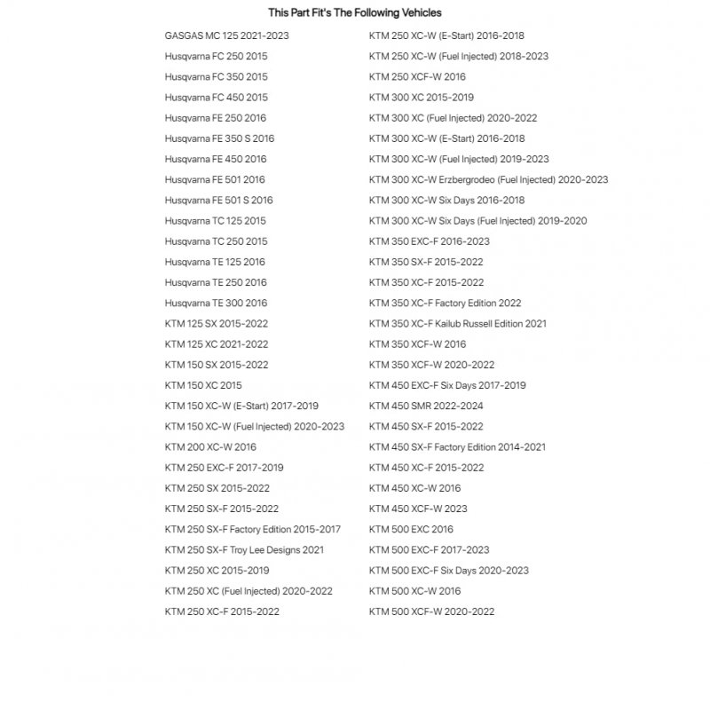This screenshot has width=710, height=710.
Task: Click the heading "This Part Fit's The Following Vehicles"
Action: (354, 13)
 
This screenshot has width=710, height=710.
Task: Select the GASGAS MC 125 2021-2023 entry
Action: (226, 35)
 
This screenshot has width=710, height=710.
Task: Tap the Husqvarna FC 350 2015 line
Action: (216, 77)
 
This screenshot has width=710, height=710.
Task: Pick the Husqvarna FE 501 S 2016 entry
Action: (218, 201)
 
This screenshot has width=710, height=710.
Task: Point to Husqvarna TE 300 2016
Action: (215, 304)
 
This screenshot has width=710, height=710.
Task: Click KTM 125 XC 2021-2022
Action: (216, 344)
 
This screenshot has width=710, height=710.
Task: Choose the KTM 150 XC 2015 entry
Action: (202, 386)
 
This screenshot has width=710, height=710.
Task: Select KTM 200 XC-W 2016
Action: (210, 447)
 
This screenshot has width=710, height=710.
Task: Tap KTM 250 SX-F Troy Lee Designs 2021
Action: (244, 550)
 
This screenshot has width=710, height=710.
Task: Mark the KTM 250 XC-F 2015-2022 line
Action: (222, 611)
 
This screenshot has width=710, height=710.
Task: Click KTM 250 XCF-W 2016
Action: (417, 77)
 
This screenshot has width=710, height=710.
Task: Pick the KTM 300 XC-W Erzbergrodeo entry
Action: (488, 180)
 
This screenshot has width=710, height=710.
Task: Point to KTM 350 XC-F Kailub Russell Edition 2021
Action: (457, 324)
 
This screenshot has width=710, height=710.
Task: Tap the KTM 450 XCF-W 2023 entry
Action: (418, 509)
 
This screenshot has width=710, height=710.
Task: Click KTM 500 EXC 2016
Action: (411, 530)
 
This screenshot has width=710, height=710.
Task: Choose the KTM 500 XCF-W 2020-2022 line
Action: (431, 611)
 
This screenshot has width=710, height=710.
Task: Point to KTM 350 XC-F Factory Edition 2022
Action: (445, 304)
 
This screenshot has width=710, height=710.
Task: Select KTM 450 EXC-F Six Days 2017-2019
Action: (447, 386)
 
